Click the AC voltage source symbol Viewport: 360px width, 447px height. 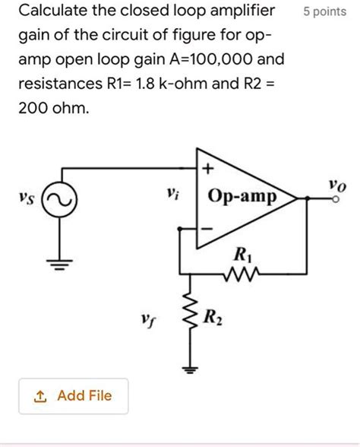click(58, 200)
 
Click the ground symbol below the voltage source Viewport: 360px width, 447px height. click(58, 264)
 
